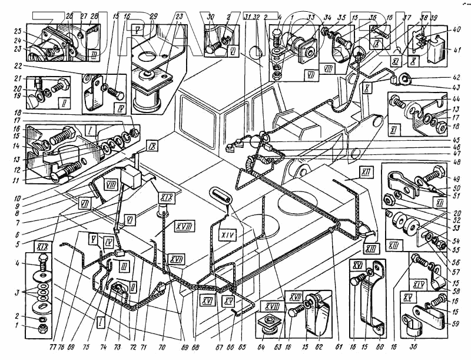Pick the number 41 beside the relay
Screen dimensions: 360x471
(x=457, y=51)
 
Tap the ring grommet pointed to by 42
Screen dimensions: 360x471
(x=406, y=78)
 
